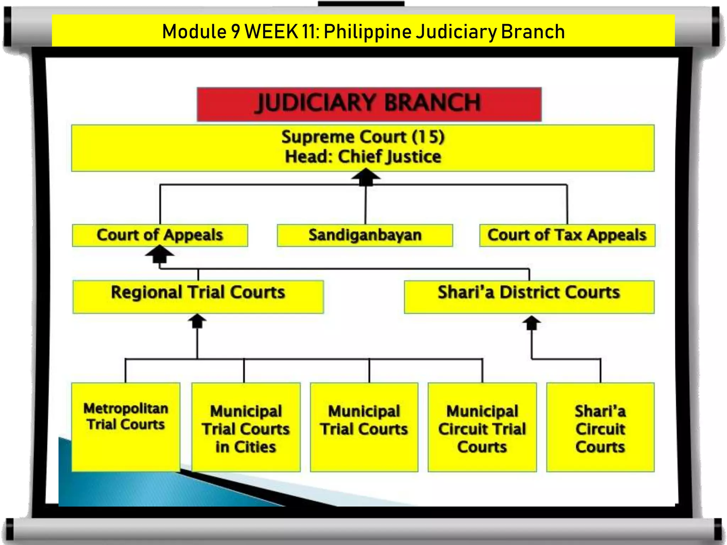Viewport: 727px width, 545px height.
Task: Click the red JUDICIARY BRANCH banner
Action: point(369,104)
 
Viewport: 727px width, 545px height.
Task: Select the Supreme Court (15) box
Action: point(363,148)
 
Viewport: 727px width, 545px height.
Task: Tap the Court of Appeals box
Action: point(160,235)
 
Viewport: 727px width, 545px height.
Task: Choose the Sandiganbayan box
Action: point(365,235)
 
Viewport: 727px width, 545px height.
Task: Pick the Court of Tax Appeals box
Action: point(567,235)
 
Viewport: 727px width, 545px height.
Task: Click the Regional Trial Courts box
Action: point(198,297)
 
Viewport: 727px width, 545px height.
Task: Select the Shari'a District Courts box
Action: point(529,297)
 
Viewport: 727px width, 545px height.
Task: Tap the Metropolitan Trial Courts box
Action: point(126,427)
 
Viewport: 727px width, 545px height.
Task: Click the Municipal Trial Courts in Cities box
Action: point(246,427)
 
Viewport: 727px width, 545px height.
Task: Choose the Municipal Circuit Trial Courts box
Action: point(482,427)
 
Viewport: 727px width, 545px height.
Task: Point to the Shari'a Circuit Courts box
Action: point(600,427)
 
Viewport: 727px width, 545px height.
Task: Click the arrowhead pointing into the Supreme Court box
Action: point(366,176)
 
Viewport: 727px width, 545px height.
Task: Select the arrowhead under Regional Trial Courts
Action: point(197,320)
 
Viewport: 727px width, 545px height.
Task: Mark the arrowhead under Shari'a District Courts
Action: point(531,322)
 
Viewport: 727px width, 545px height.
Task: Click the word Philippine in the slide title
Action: point(367,32)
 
